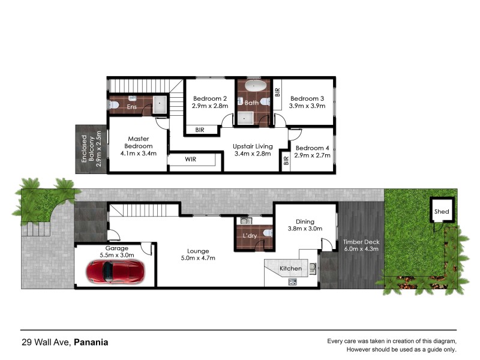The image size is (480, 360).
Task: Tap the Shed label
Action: [442, 212]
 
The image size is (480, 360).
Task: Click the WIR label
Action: [191, 160]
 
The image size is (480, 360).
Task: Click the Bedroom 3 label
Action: [307, 98]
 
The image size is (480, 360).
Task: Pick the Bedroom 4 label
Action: [313, 148]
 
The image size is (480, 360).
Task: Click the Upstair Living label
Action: [253, 146]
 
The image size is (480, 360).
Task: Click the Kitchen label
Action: [291, 268]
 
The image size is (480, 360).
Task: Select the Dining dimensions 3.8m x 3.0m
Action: [305, 228]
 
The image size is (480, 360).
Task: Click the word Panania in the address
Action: [91, 343]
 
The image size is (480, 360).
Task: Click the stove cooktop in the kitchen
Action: [292, 282]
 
